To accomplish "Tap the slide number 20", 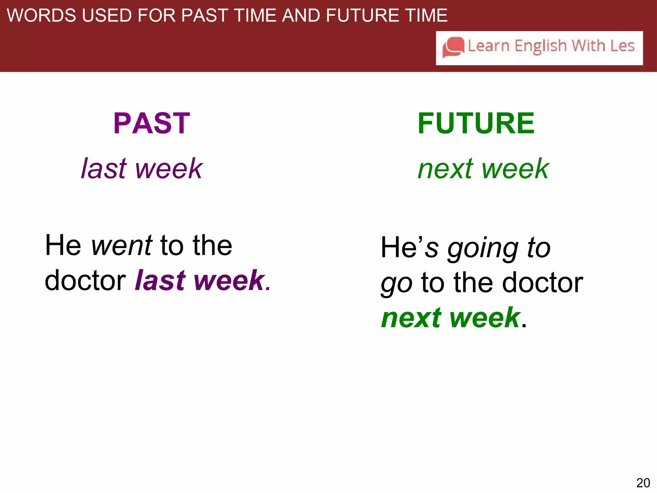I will tap(643, 483).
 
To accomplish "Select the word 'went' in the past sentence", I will tap(122, 246).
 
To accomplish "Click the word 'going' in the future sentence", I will tap(483, 249).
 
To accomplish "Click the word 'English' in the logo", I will tap(541, 46).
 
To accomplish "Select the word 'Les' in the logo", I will tap(622, 46).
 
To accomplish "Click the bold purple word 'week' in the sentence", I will tap(229, 281).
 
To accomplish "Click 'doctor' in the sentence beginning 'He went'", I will tap(85, 281).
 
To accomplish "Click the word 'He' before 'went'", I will tap(63, 246).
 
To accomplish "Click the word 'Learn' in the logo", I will tap(489, 46).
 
